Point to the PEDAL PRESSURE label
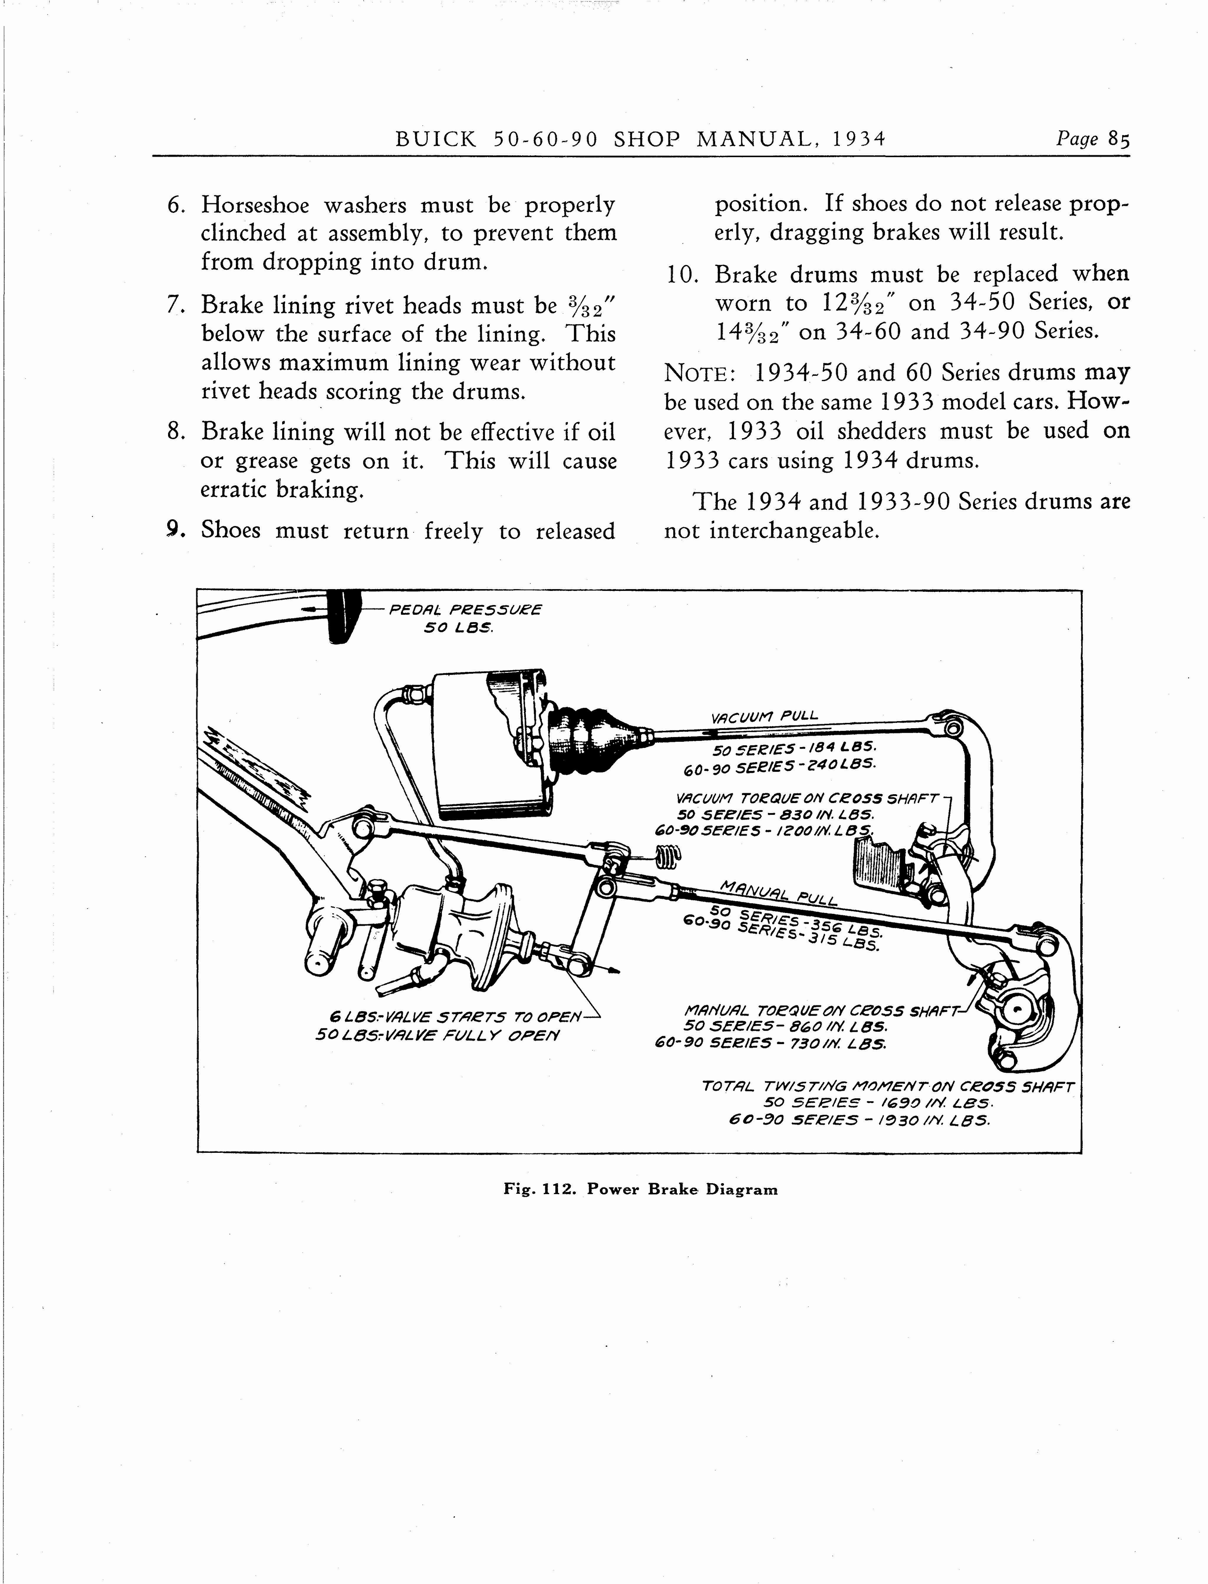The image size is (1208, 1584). [465, 610]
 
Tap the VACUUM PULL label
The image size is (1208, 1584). [764, 717]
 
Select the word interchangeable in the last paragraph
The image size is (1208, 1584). [794, 531]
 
